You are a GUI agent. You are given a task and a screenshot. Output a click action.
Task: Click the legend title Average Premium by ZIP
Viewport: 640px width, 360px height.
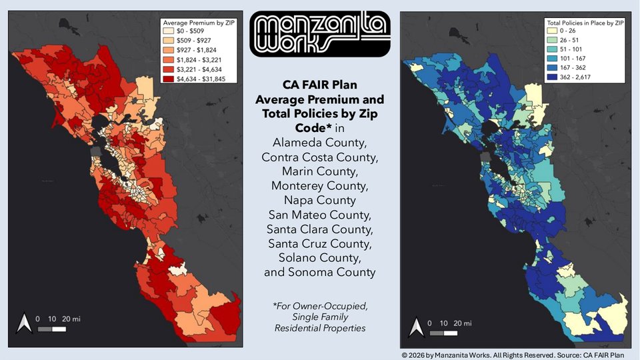click(x=196, y=21)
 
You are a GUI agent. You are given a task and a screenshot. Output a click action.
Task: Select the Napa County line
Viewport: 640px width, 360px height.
click(x=319, y=200)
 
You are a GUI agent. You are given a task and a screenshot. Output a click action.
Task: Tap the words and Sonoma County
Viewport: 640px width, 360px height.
click(x=319, y=272)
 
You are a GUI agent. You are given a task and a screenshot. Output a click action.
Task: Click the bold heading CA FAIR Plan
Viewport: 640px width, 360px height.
click(x=319, y=85)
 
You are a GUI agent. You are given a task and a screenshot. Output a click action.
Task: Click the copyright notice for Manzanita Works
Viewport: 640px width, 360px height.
click(x=517, y=354)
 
